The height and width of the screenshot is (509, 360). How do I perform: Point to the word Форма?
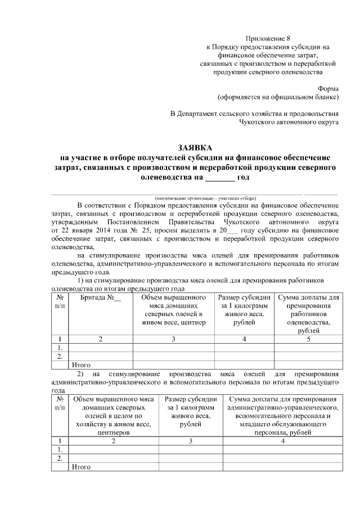tap(328, 88)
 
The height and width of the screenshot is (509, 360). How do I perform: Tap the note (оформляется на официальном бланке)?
tap(278, 97)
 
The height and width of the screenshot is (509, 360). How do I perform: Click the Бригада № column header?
tap(101, 297)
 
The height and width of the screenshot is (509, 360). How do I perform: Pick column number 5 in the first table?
tap(308, 339)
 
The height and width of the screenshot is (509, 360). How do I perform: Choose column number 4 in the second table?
tap(283, 441)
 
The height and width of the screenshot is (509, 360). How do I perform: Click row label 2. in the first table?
tap(60, 356)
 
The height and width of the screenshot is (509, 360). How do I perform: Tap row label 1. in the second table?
tap(60, 450)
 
